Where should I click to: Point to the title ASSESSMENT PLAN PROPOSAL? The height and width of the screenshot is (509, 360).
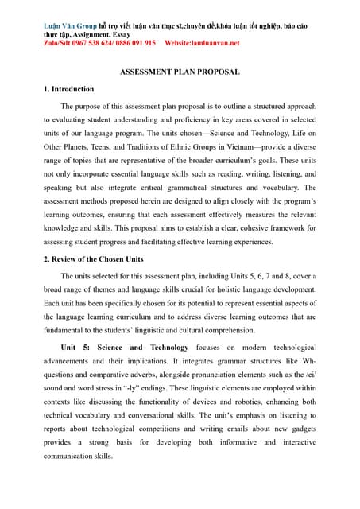tap(180, 72)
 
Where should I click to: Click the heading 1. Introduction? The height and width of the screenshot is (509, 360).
tap(68, 89)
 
